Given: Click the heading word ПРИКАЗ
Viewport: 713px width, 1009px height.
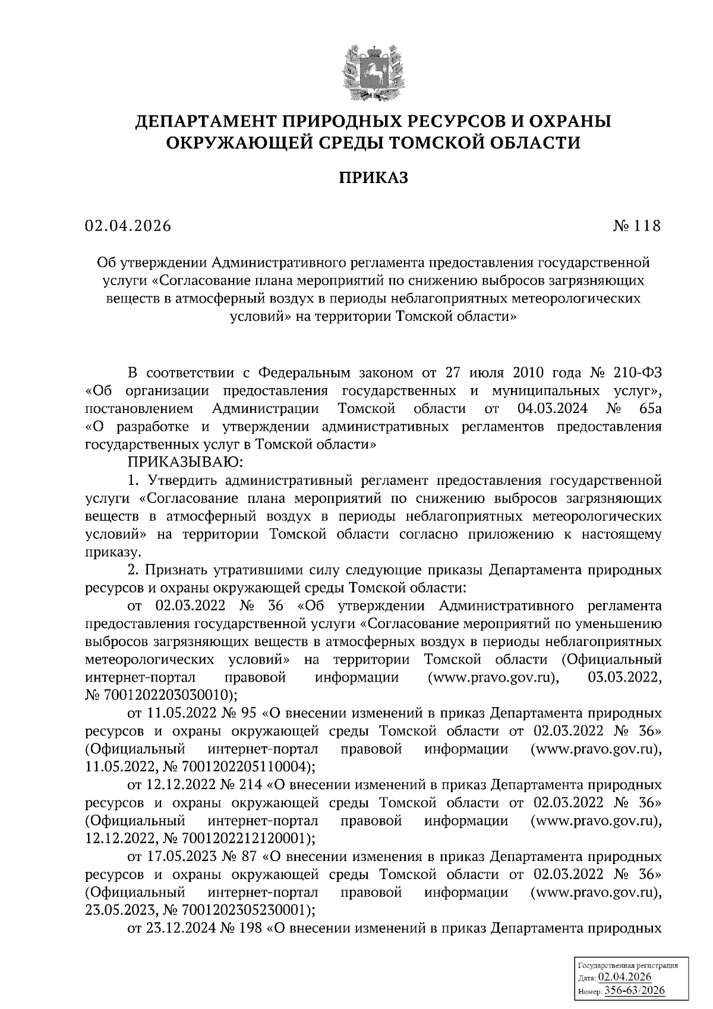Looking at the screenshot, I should click(x=373, y=178).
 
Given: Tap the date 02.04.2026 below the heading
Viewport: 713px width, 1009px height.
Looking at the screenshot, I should click(x=127, y=226).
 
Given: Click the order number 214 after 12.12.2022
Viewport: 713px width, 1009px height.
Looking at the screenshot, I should click(x=251, y=784).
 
